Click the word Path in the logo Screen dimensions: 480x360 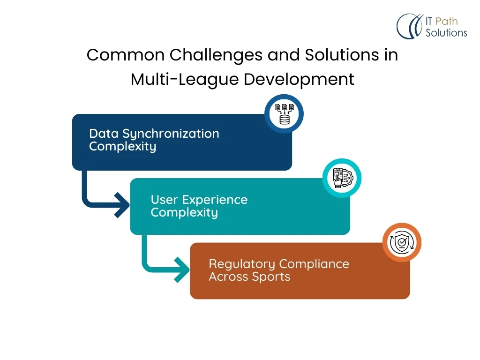click(x=446, y=22)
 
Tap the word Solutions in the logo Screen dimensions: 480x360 click(x=446, y=33)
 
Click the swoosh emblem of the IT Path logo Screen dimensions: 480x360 click(x=410, y=26)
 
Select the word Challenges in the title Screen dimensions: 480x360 click(x=216, y=56)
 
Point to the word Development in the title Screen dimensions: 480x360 click(x=299, y=80)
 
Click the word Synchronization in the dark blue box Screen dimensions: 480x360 click(x=171, y=134)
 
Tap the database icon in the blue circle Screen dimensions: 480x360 click(x=284, y=114)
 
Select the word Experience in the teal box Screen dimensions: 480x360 click(x=215, y=200)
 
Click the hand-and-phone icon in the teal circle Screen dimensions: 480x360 click(x=342, y=178)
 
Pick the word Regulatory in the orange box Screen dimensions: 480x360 click(x=242, y=264)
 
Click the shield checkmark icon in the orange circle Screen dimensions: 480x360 click(x=402, y=242)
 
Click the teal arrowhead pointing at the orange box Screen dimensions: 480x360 click(x=182, y=270)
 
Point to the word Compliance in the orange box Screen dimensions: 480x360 click(x=314, y=264)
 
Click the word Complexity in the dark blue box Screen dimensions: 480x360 click(x=122, y=147)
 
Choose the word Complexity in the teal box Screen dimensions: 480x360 click(x=184, y=213)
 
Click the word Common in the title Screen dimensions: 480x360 click(x=126, y=55)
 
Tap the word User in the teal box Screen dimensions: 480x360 click(x=165, y=200)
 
